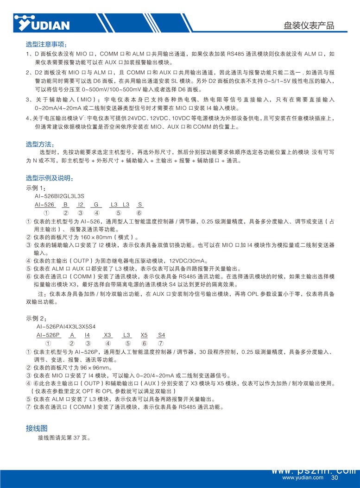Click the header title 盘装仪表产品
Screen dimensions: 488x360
click(x=309, y=25)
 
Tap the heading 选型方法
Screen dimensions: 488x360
click(x=40, y=145)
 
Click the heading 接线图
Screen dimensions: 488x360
click(x=36, y=428)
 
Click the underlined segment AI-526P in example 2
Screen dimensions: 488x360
click(x=48, y=335)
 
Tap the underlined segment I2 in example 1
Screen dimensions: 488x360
click(x=81, y=204)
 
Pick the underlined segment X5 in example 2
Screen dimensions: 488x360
click(x=144, y=335)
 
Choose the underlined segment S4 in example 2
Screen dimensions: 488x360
click(x=161, y=335)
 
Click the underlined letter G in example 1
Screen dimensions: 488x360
click(x=96, y=204)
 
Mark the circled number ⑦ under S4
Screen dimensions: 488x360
click(x=161, y=344)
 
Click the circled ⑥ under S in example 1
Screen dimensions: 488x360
click(x=139, y=213)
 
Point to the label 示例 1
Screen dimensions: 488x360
click(x=36, y=188)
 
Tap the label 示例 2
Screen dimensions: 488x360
click(x=36, y=319)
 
